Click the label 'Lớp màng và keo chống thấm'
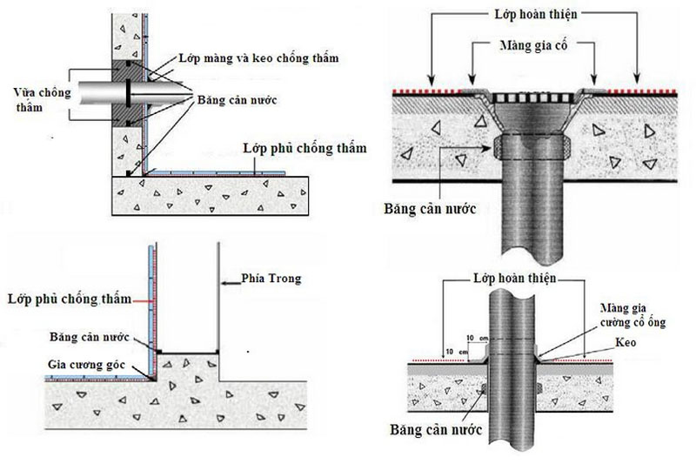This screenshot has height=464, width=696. pyautogui.click(x=258, y=58)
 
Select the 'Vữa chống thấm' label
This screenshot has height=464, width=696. pyautogui.click(x=42, y=99)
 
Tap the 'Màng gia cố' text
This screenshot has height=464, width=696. pyautogui.click(x=533, y=45)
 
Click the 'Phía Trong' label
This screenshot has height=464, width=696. pyautogui.click(x=271, y=279)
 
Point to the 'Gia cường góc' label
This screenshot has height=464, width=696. pyautogui.click(x=86, y=365)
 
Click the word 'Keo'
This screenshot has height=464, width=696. pyautogui.click(x=626, y=342)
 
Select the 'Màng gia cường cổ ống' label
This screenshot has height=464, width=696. pyautogui.click(x=633, y=315)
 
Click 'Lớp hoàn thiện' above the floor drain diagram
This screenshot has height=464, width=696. pyautogui.click(x=536, y=14)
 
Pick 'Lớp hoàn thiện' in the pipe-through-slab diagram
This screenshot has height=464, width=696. pyautogui.click(x=514, y=279)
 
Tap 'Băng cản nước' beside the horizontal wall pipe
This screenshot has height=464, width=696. pyautogui.click(x=237, y=99)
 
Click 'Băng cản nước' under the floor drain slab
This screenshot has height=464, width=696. pyautogui.click(x=430, y=209)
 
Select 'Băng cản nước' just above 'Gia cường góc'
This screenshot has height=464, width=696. pyautogui.click(x=90, y=337)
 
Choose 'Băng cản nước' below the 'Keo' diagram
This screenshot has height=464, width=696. pyautogui.click(x=436, y=429)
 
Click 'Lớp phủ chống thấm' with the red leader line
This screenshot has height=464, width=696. pyautogui.click(x=70, y=299)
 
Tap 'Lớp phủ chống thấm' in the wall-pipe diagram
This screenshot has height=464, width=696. pyautogui.click(x=305, y=148)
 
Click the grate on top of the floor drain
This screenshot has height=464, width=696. pyautogui.click(x=532, y=98)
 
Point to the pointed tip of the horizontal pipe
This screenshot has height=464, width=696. pyautogui.click(x=191, y=94)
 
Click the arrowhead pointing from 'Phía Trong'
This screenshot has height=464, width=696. pyautogui.click(x=224, y=283)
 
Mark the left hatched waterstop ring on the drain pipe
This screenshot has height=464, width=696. pyautogui.click(x=498, y=146)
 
